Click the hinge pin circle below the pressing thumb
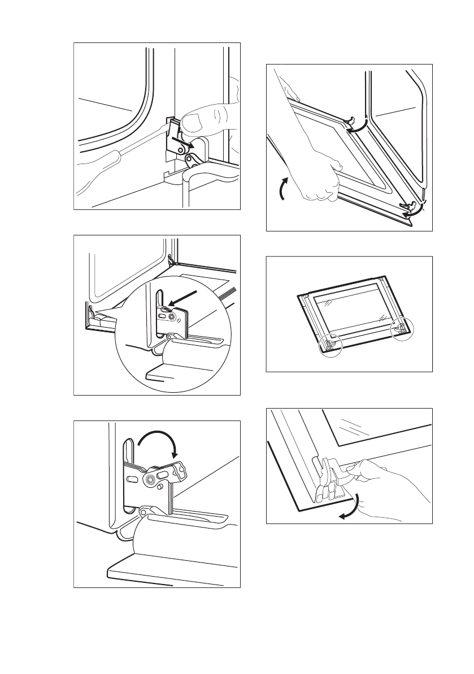(180, 148)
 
